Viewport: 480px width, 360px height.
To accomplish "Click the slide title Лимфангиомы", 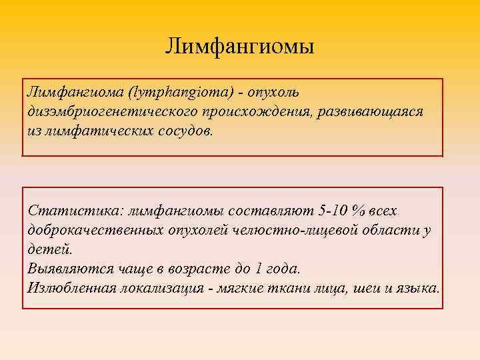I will [240, 47].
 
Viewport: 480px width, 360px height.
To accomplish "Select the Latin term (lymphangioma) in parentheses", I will [180, 90].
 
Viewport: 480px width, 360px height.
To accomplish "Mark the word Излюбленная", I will [73, 288].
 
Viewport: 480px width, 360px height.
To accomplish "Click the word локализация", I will [160, 288].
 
